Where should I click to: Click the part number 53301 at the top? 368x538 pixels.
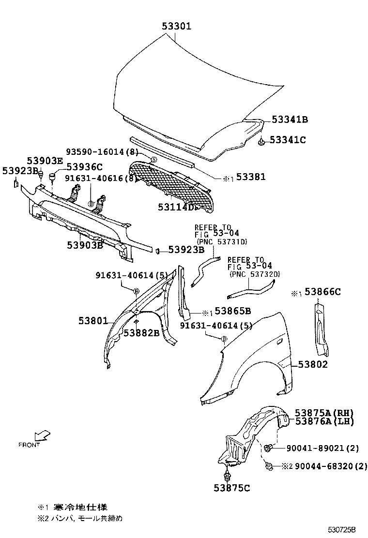click(x=176, y=26)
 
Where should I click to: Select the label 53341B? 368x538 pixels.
click(x=290, y=120)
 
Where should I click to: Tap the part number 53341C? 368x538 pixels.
click(x=288, y=140)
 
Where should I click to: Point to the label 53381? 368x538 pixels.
click(x=250, y=178)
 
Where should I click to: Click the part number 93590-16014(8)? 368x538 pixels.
click(x=102, y=152)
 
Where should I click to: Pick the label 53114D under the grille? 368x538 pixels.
click(x=177, y=207)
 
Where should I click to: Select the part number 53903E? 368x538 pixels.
click(x=45, y=161)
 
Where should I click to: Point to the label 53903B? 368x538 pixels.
click(x=85, y=245)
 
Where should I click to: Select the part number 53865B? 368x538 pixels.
click(x=232, y=311)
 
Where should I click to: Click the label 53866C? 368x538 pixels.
click(x=322, y=292)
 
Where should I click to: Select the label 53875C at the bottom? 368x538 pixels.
click(x=231, y=488)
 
